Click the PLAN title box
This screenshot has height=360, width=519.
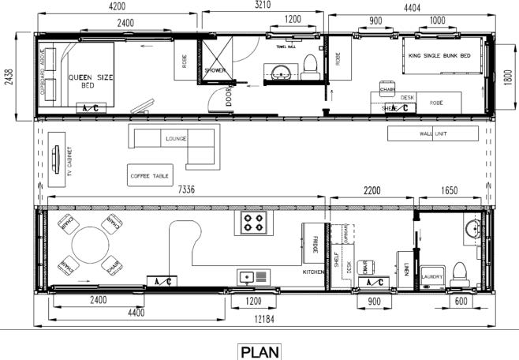(259, 351)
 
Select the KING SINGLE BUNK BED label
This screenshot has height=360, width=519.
(443, 57)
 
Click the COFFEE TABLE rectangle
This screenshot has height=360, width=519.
(148, 174)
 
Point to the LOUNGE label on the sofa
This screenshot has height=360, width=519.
(175, 138)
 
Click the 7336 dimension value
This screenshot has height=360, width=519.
(188, 190)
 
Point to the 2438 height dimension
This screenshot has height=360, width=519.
(9, 77)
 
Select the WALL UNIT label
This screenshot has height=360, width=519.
(433, 134)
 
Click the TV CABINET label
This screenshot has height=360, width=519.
(69, 161)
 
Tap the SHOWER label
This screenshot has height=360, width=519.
(215, 70)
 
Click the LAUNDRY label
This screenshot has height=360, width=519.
(431, 276)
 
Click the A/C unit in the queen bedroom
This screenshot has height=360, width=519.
(87, 108)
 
